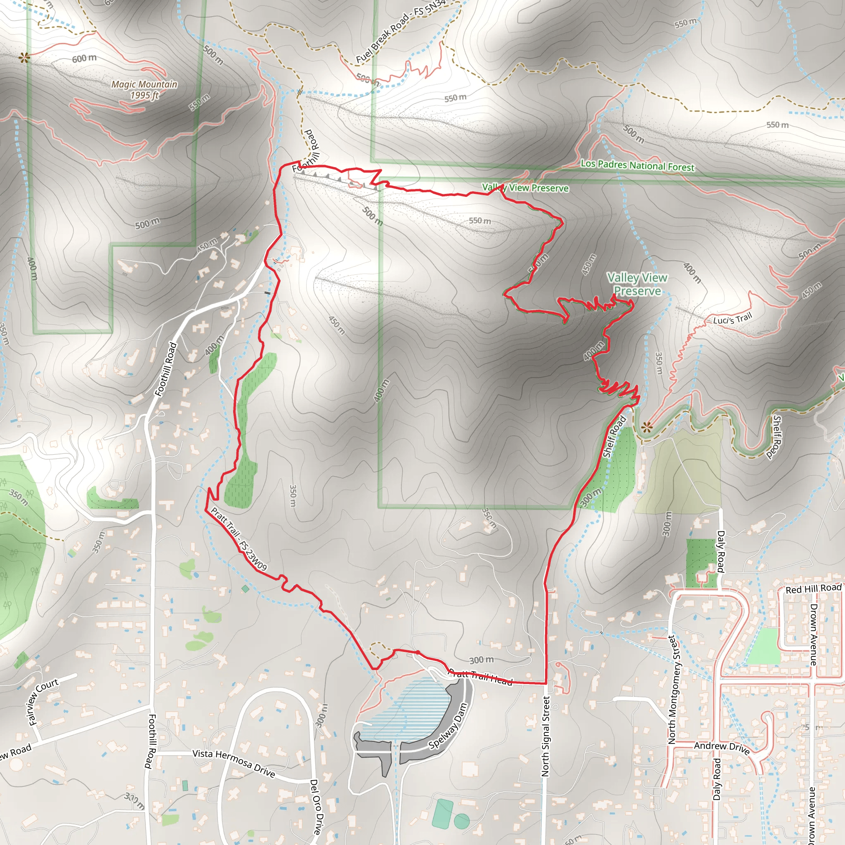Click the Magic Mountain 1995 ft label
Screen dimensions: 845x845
pos(144,90)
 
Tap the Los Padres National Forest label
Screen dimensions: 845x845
pos(637,165)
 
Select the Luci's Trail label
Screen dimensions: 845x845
pos(732,319)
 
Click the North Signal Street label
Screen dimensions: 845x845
pos(545,736)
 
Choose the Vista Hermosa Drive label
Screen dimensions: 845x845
pos(234,763)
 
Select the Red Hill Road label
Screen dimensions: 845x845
pos(814,589)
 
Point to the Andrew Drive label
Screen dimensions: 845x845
pos(722,748)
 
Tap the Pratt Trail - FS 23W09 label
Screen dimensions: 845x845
pos(239,539)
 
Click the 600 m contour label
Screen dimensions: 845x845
pos(84,58)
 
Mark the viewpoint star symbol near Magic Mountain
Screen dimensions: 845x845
pos(24,57)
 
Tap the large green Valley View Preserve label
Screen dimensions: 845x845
pos(637,284)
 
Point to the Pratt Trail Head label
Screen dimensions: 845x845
pos(481,677)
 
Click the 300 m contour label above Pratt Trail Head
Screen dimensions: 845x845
pos(482,660)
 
